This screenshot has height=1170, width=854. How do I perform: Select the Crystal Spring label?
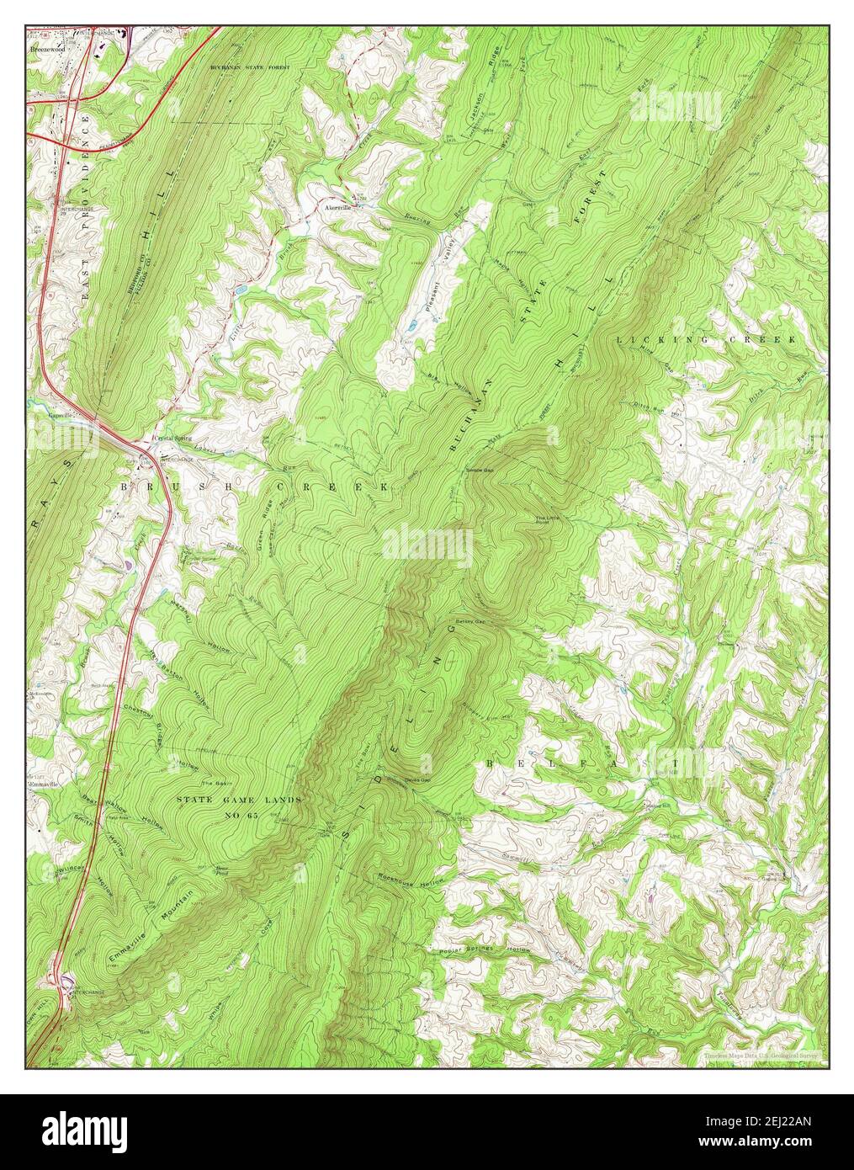pos(172,439)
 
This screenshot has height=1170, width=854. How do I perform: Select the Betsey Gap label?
pos(470,623)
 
